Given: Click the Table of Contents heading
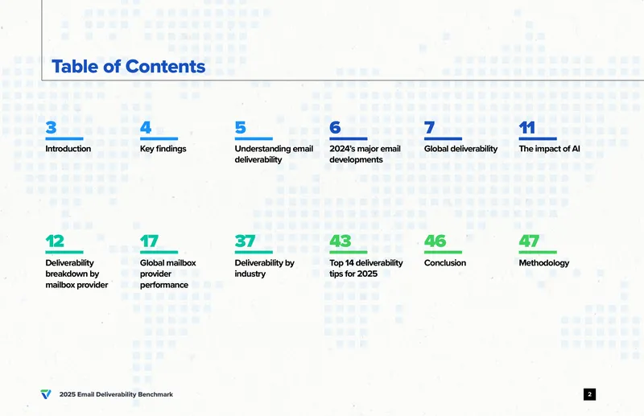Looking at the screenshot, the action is tap(128, 67).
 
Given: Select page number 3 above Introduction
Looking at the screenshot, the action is tap(52, 128).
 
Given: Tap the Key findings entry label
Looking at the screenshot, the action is tap(163, 149).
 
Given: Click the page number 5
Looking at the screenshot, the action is tap(241, 128).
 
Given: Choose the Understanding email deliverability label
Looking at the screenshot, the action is tap(274, 154).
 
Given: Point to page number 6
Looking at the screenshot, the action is tap(335, 128).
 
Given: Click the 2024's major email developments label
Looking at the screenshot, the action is tap(365, 154).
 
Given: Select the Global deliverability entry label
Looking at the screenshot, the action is tap(460, 149).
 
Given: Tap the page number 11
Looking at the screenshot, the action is tap(527, 128).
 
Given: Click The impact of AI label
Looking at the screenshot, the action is tap(550, 149).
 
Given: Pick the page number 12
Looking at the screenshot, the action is tap(55, 241).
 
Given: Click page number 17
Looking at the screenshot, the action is tap(149, 241).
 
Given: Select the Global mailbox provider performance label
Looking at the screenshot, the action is tap(168, 274).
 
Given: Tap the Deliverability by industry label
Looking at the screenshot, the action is tap(265, 268).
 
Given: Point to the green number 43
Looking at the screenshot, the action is tap(341, 241).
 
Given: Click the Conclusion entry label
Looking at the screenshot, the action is tap(445, 263).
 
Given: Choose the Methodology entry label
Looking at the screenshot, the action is tap(544, 263).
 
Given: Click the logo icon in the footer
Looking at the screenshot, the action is tap(46, 394).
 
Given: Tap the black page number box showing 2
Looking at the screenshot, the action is tap(589, 394).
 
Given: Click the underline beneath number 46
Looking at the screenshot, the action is tap(444, 252).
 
